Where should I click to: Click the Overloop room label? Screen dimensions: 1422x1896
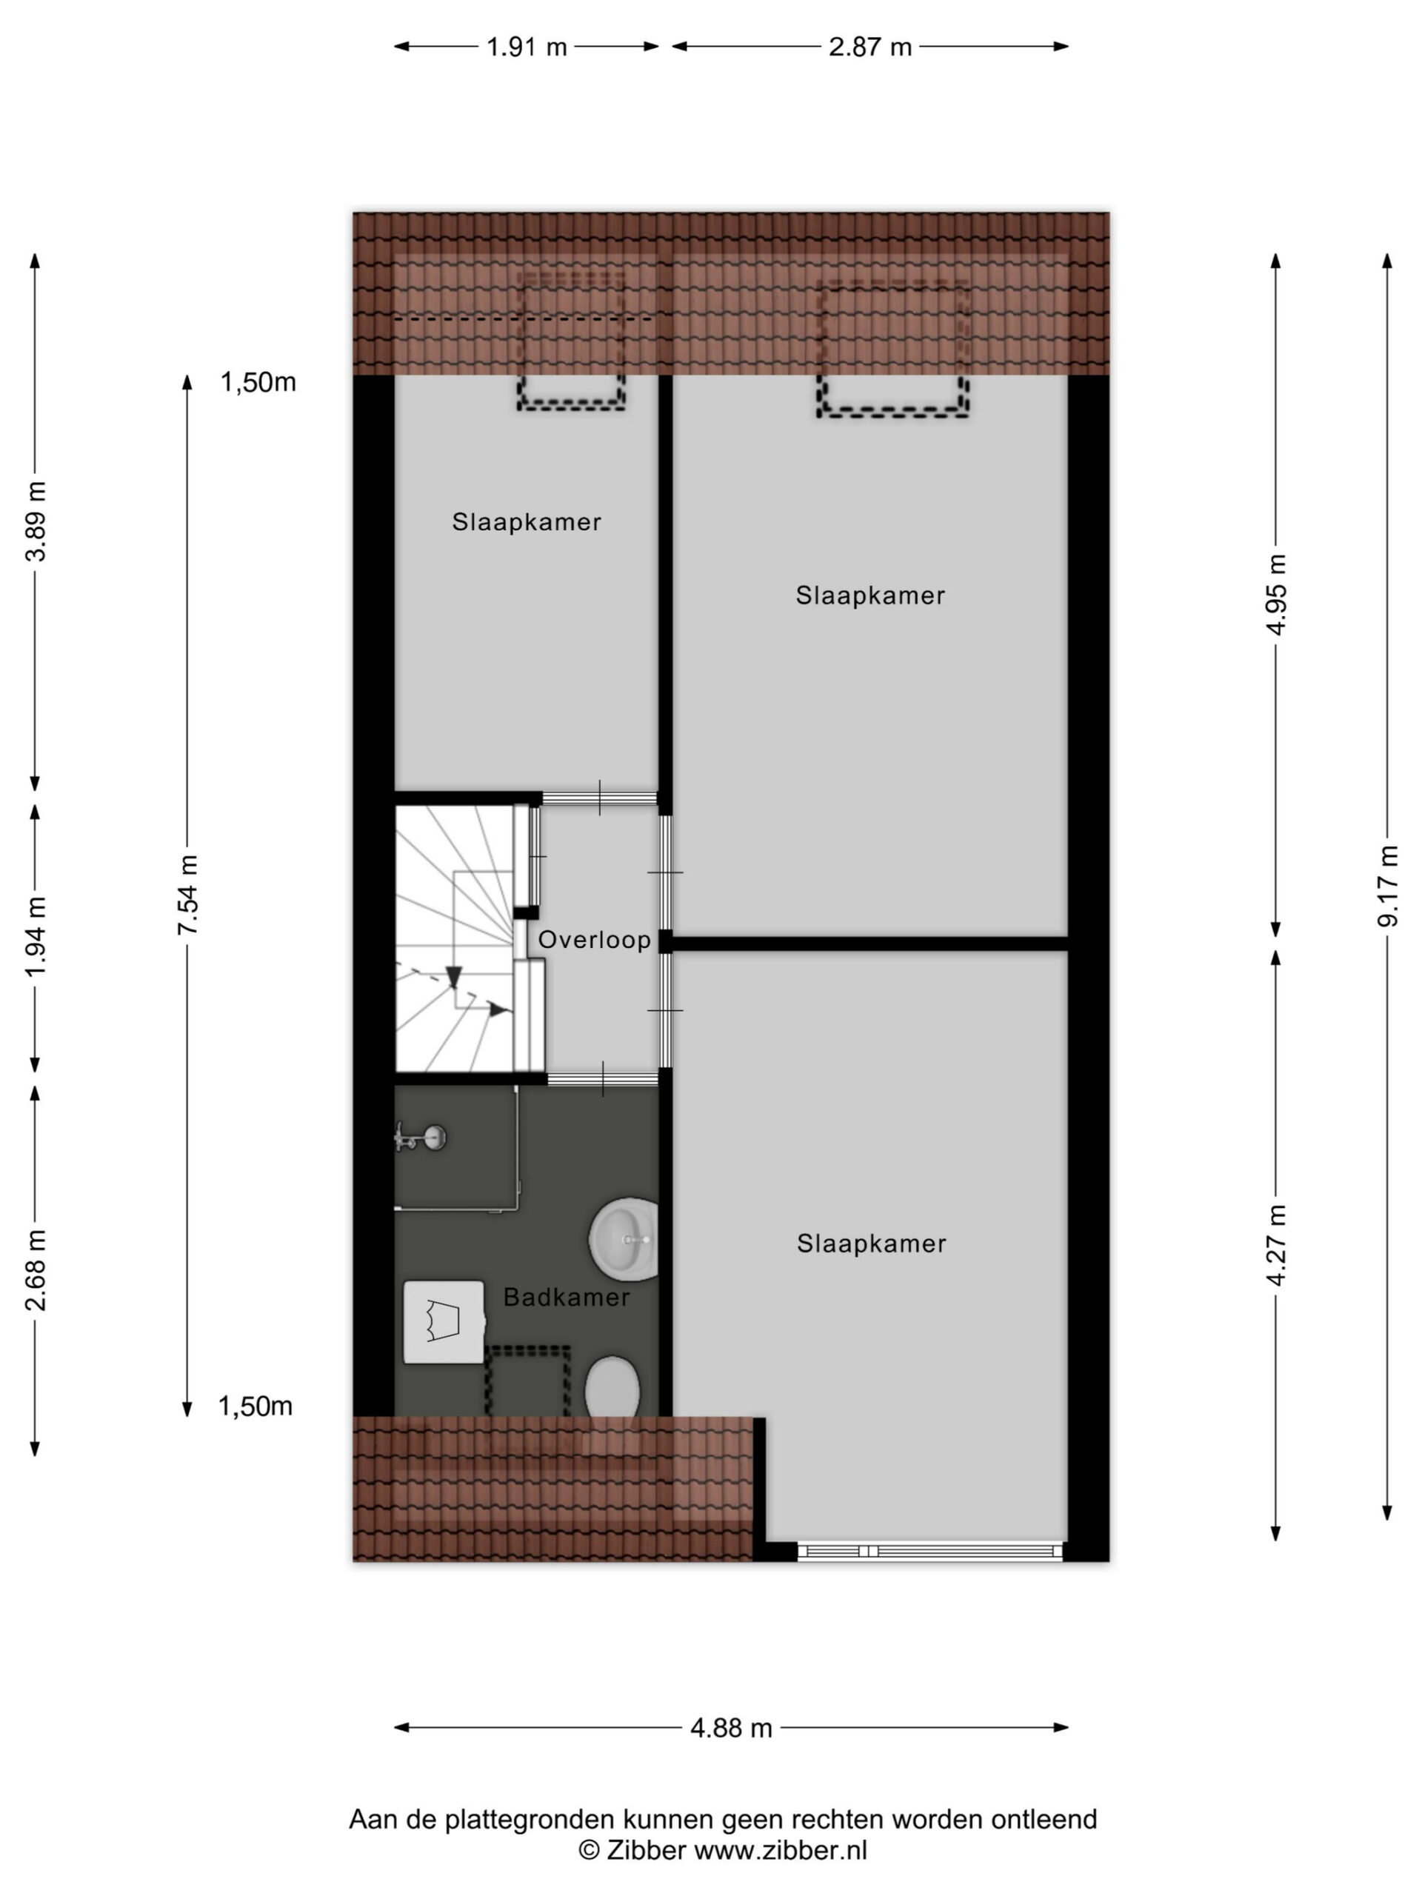click(x=594, y=941)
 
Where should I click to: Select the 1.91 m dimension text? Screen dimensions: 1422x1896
click(x=527, y=47)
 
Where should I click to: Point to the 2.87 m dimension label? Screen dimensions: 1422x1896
click(x=870, y=47)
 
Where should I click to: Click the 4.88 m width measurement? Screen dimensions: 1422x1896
click(x=731, y=1728)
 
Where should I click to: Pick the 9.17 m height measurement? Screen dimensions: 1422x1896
click(x=1388, y=887)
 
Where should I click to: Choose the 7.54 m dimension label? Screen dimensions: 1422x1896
click(x=187, y=895)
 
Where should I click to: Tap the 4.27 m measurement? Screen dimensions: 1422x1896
click(x=1276, y=1246)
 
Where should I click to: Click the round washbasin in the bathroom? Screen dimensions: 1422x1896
click(x=625, y=1239)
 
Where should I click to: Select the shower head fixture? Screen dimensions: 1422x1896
click(x=421, y=1138)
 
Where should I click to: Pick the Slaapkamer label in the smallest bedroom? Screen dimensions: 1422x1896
click(x=527, y=522)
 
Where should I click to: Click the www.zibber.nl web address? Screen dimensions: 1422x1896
click(x=780, y=1851)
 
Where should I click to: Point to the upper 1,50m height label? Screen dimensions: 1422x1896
click(x=258, y=382)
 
